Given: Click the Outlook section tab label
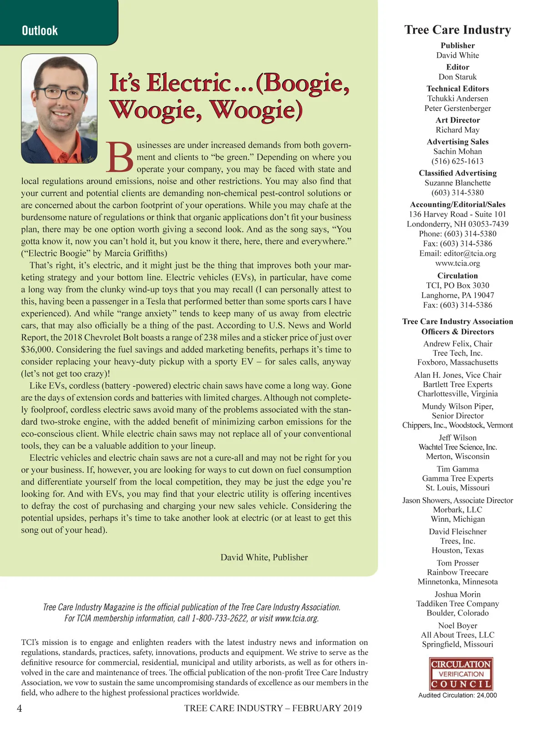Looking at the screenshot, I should [x=40, y=31].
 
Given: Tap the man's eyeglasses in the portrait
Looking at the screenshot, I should [x=61, y=93].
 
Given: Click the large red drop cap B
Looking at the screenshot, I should [x=120, y=157].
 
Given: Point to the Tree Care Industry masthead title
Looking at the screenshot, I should [x=457, y=30].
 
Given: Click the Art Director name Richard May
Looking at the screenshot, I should [x=457, y=130].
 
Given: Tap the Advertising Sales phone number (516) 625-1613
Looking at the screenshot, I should [x=457, y=161].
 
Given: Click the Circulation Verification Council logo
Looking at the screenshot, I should [x=461, y=674].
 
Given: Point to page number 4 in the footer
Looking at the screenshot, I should [x=19, y=708].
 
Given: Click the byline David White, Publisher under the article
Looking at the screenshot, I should [x=264, y=557].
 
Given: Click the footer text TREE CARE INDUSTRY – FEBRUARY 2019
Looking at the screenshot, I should [x=273, y=708].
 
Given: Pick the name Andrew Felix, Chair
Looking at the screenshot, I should [x=457, y=344].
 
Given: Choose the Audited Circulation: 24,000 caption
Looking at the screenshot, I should [x=457, y=695].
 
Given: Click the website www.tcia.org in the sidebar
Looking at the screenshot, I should [x=457, y=263].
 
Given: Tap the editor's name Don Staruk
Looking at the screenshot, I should [x=457, y=77].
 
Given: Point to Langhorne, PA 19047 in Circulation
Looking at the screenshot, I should [x=457, y=295].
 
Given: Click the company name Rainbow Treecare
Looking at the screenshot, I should [x=457, y=572].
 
